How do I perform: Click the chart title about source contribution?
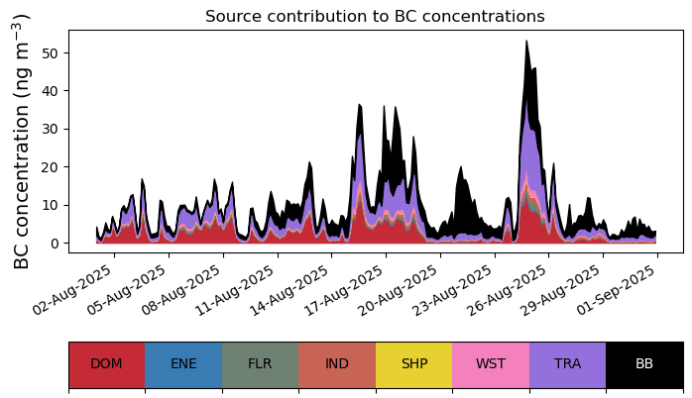(x=375, y=17)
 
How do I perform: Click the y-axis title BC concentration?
(x=23, y=141)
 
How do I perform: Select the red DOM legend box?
(x=106, y=364)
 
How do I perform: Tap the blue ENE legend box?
(x=183, y=364)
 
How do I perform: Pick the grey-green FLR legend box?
(x=260, y=364)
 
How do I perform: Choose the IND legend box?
(x=337, y=364)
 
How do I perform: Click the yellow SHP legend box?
(x=413, y=364)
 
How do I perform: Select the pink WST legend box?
(x=491, y=364)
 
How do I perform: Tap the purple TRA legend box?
(x=567, y=364)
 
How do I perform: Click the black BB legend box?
(x=644, y=364)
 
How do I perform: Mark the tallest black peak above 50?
(x=526, y=43)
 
